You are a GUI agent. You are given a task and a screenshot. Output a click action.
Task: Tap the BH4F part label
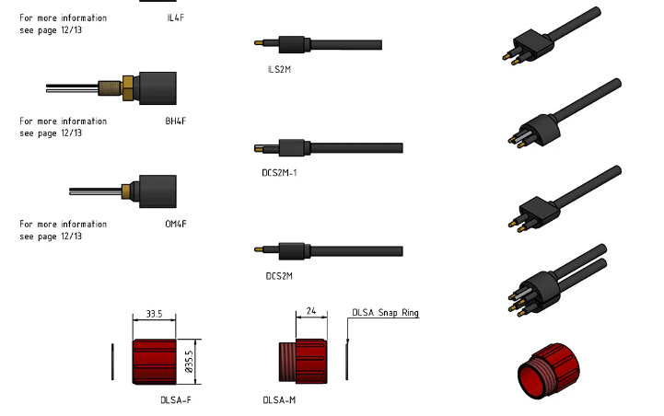tap(175, 121)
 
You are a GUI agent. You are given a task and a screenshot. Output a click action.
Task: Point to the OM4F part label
tap(175, 224)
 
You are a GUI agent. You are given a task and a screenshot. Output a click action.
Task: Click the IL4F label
tap(175, 17)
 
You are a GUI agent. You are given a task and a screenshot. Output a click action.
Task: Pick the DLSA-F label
tap(175, 400)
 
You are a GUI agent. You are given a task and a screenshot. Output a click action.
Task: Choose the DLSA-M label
tap(279, 400)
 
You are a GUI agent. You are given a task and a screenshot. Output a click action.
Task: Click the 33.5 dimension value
tap(155, 314)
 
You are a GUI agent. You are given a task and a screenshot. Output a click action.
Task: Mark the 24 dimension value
tap(310, 312)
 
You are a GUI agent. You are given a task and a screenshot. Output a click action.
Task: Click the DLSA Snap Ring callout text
tap(385, 313)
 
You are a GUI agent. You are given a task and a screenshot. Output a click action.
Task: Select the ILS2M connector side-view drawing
tap(318, 44)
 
